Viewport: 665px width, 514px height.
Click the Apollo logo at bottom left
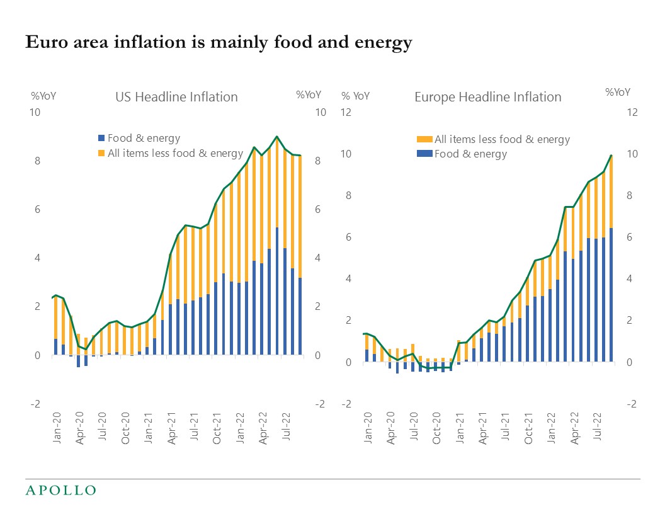click(60, 490)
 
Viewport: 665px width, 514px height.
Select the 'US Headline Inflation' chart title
click(176, 97)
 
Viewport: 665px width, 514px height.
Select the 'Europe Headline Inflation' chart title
click(487, 97)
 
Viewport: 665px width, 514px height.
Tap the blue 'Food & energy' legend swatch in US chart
click(101, 139)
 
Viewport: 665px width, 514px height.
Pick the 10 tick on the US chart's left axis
click(36, 113)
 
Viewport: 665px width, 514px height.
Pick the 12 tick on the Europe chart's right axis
click(632, 113)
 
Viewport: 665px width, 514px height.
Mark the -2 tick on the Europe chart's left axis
click(346, 404)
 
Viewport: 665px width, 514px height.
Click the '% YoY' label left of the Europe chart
click(356, 96)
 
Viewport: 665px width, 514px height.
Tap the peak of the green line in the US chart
click(276, 136)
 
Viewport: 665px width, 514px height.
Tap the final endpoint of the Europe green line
click(611, 155)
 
